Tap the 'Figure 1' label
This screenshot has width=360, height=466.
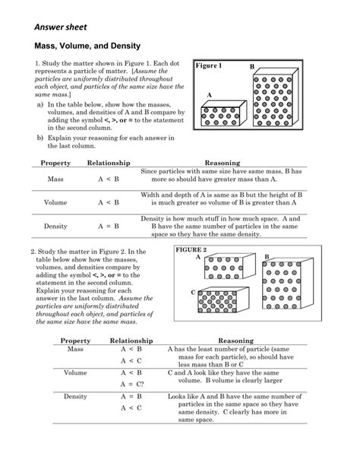click(209, 66)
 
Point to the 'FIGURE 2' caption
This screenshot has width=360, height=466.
click(191, 249)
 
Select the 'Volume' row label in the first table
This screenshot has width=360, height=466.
click(55, 203)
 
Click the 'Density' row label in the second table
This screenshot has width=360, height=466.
click(75, 397)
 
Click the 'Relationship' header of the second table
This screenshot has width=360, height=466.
click(131, 341)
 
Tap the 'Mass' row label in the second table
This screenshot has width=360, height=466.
click(75, 349)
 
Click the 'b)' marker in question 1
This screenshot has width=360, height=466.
click(39, 138)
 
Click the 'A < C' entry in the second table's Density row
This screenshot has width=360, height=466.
click(131, 409)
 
